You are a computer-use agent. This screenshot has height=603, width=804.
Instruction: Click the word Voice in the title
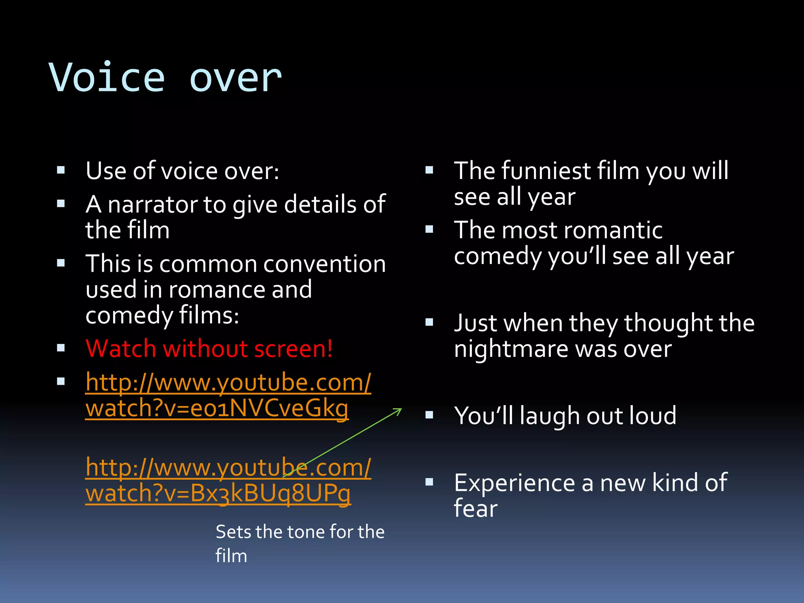pyautogui.click(x=107, y=78)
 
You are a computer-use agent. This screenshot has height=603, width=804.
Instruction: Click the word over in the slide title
pyautogui.click(x=236, y=78)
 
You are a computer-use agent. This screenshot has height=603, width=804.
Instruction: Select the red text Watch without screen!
pyautogui.click(x=209, y=349)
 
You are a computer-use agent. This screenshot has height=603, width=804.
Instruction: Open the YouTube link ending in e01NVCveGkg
pyautogui.click(x=228, y=395)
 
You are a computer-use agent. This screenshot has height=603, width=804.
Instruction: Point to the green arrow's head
pyautogui.click(x=399, y=410)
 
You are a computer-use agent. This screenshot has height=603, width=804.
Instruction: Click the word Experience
pyautogui.click(x=514, y=483)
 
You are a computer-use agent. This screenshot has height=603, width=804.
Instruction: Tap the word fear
pyautogui.click(x=475, y=509)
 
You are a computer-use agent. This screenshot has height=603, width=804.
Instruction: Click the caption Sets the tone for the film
pyautogui.click(x=300, y=543)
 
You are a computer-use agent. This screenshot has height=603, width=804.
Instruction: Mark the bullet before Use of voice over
pyautogui.click(x=61, y=170)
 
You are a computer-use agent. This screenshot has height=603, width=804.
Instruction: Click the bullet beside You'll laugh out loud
pyautogui.click(x=429, y=415)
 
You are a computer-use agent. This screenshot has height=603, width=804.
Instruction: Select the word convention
pyautogui.click(x=324, y=264)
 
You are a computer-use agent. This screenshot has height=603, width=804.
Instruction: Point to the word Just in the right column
pyautogui.click(x=476, y=323)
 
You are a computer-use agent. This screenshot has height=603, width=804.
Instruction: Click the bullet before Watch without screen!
pyautogui.click(x=61, y=348)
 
